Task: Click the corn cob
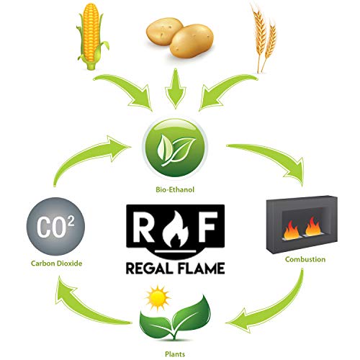pos(91,36)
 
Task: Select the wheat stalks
pos(264,36)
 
